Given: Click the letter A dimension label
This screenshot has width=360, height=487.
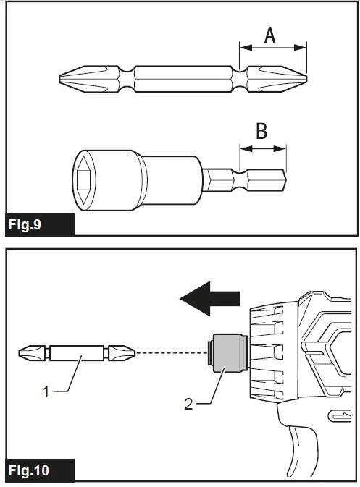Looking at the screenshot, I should coord(269,33).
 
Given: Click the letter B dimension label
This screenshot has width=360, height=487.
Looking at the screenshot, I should coord(262,131).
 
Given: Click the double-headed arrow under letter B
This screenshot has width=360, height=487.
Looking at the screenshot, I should coord(262,148).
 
